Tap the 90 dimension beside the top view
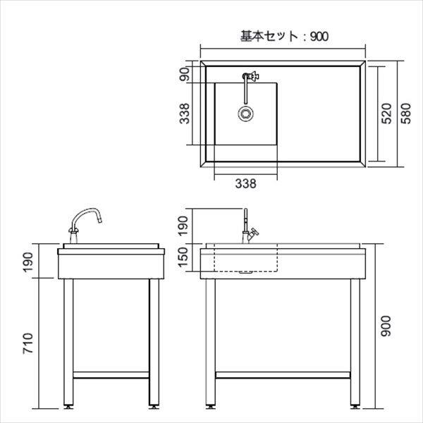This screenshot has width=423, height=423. [185, 74]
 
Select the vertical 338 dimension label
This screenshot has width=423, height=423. [184, 114]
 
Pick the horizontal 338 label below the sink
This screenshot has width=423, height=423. [245, 183]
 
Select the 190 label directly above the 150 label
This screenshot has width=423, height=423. [184, 225]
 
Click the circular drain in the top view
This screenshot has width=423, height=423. [245, 114]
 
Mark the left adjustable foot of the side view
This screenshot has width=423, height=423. [69, 407]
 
